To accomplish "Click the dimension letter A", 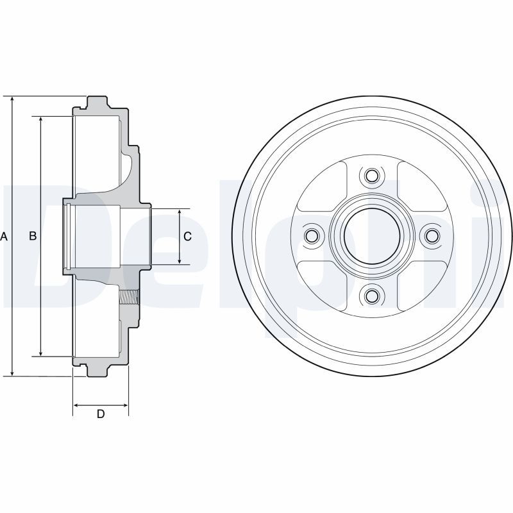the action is pyautogui.click(x=4, y=236).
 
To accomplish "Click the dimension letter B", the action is pyautogui.click(x=33, y=236).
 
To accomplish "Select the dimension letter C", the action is pyautogui.click(x=187, y=236).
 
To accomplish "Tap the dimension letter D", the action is pyautogui.click(x=101, y=414).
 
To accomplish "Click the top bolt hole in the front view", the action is pyautogui.click(x=371, y=176).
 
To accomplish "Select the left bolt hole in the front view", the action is pyautogui.click(x=311, y=235).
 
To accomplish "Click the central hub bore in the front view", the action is pyautogui.click(x=372, y=236).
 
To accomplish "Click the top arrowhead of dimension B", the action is pyautogui.click(x=41, y=120).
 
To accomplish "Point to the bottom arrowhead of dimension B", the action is pyautogui.click(x=41, y=353).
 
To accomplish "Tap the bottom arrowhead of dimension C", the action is pyautogui.click(x=180, y=260).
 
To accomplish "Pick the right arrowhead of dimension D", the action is pyautogui.click(x=124, y=405).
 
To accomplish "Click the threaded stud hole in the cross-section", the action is pyautogui.click(x=130, y=297).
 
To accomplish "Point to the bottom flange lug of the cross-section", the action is pyautogui.click(x=97, y=371).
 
